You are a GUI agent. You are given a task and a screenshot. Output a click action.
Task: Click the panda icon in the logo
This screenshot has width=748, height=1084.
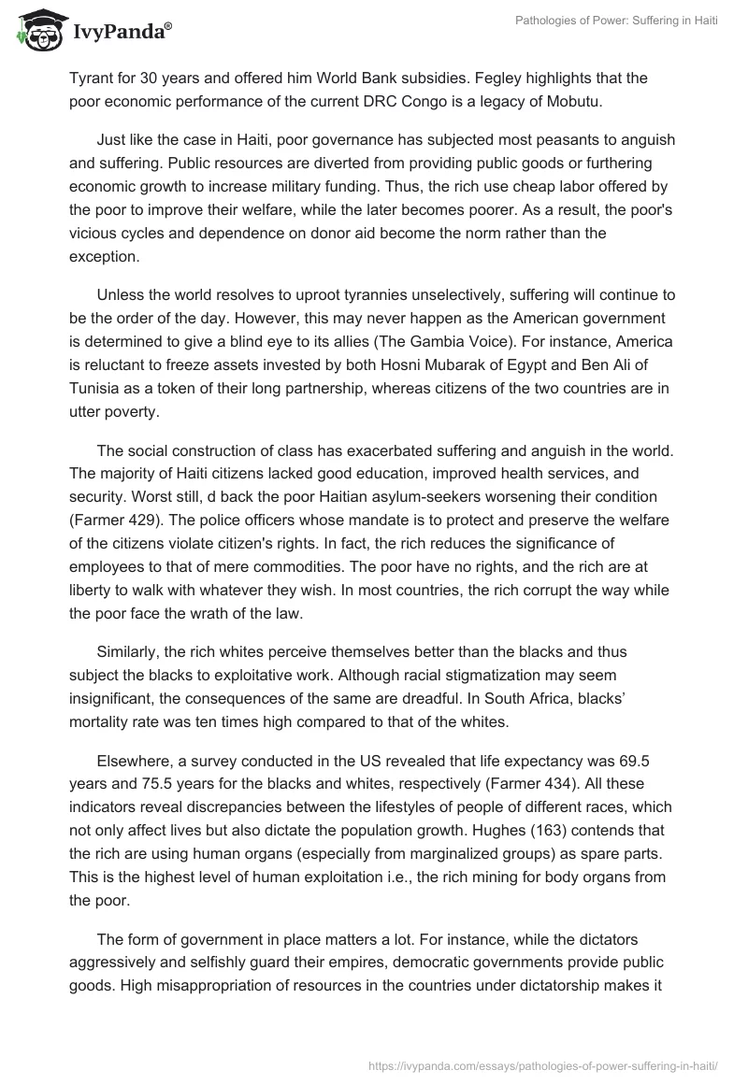36,30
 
